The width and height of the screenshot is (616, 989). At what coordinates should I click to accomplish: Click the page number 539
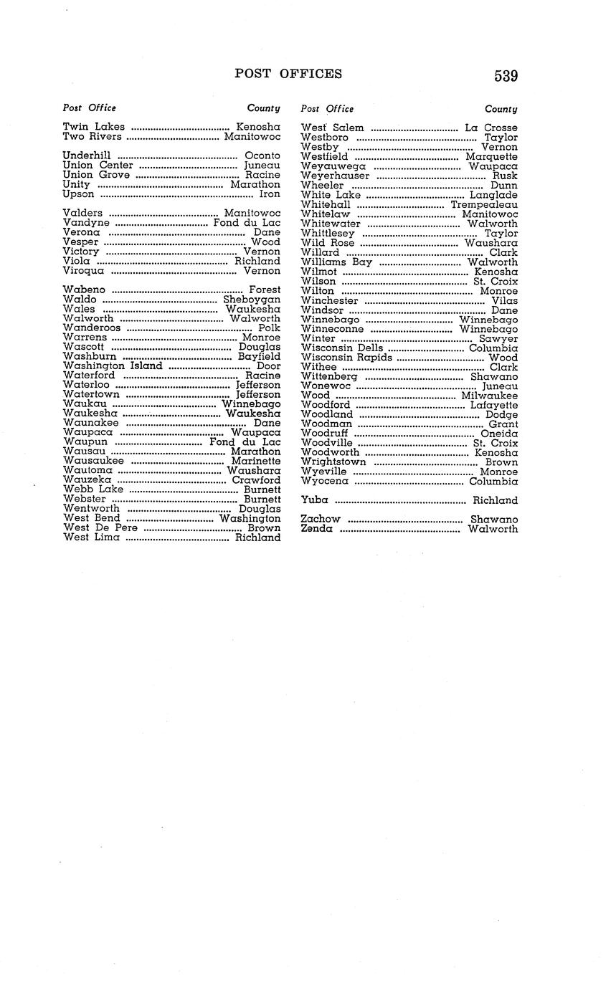tap(506, 76)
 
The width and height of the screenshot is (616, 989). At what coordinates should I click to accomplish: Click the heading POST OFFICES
tap(288, 74)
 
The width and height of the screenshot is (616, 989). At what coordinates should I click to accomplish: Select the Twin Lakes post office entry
tap(94, 127)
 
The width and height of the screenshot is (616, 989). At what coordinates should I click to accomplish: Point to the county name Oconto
tap(262, 156)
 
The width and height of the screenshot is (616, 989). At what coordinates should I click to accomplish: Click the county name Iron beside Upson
tap(270, 194)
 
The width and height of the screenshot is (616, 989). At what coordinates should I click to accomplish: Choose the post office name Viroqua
tap(84, 271)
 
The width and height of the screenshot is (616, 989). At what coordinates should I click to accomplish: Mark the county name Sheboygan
tap(252, 300)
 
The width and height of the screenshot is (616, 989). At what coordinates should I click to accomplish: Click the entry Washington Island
tap(113, 365)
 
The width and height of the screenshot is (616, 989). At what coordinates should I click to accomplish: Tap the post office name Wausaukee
tap(93, 461)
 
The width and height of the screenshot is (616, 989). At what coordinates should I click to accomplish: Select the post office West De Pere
tap(100, 527)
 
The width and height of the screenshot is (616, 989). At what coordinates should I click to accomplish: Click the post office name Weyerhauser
tap(336, 176)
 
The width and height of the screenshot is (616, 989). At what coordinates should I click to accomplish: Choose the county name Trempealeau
tap(484, 204)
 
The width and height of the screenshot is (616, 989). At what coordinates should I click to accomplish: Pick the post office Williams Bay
tap(337, 262)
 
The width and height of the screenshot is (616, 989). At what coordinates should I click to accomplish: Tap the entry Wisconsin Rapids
tap(347, 358)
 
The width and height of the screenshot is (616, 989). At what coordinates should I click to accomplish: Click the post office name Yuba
tap(315, 500)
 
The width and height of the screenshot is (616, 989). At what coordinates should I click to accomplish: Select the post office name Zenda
tap(317, 529)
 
